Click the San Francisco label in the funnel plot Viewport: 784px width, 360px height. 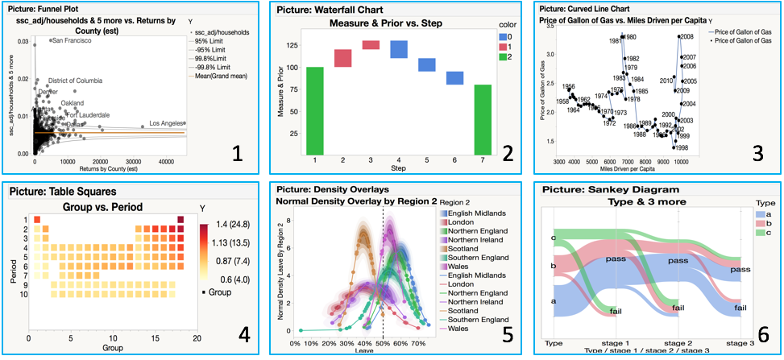72,40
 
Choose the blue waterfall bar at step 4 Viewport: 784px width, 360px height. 398,49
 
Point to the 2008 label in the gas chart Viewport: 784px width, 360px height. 688,37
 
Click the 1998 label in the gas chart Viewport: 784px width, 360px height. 681,148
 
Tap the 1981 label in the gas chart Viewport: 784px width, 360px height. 614,40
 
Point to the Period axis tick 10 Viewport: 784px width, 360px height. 23,296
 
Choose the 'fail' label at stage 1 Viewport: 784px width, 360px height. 616,312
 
